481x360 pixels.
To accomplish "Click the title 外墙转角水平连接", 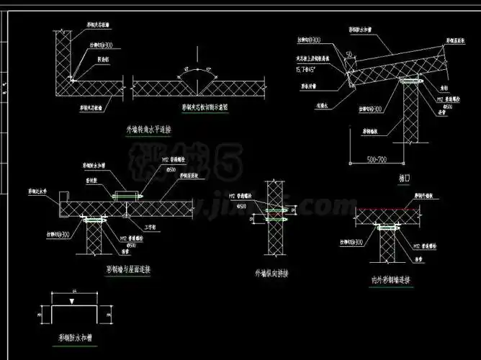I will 152,130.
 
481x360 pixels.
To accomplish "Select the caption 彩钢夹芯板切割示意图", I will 205,107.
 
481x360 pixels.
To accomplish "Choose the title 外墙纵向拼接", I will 272,274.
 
